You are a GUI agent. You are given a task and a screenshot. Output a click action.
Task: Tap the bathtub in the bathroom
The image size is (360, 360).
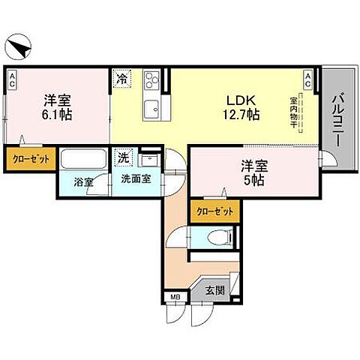tap(83, 161)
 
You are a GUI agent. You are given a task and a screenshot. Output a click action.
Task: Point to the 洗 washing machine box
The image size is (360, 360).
tap(121, 158)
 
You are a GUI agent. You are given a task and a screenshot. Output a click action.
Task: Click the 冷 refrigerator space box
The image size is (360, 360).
tap(121, 76)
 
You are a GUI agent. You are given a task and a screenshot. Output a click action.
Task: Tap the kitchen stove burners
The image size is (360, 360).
tap(153, 79)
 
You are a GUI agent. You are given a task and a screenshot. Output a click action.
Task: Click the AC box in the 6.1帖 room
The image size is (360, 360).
tap(13, 79)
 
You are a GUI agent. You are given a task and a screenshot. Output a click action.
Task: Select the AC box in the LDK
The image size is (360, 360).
tap(308, 79)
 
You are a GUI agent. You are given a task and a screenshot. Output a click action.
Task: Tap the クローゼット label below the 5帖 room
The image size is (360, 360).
tap(214, 212)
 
